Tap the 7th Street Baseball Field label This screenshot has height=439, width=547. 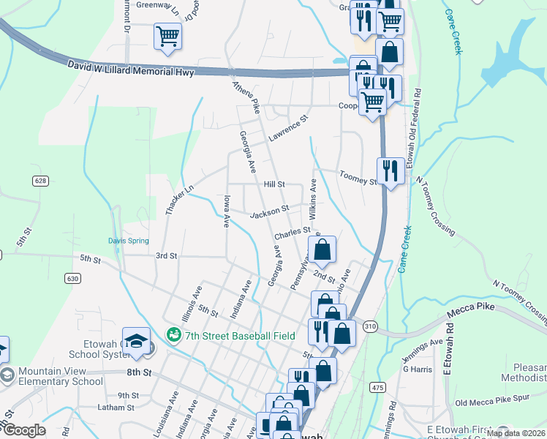click(x=240, y=335)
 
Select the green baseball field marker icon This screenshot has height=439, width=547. click(x=174, y=335)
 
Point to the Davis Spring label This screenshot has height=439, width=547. click(x=128, y=241)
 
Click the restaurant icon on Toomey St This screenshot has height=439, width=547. click(x=391, y=171)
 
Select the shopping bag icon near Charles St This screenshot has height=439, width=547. click(x=322, y=250)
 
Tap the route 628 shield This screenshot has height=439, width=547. click(x=41, y=181)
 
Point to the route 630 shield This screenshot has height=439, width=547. click(x=72, y=278)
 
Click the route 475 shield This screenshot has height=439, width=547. click(x=377, y=387)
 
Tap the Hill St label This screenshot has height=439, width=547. click(x=273, y=185)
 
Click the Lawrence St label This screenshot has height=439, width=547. click(x=288, y=127)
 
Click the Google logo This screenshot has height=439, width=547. click(x=24, y=430)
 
